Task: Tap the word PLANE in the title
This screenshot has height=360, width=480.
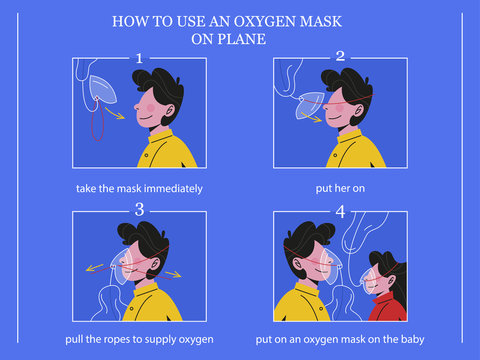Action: click(252, 40)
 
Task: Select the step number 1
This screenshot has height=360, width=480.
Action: click(139, 58)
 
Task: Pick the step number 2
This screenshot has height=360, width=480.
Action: click(340, 57)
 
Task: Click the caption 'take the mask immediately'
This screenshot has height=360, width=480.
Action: click(139, 188)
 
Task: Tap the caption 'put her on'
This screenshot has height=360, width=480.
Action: click(340, 188)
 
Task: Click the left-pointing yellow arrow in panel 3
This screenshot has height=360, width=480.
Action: click(93, 267)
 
